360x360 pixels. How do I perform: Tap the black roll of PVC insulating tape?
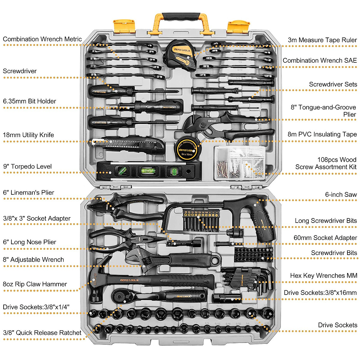pyautogui.click(x=187, y=149)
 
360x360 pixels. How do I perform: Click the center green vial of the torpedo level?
pyautogui.click(x=148, y=171)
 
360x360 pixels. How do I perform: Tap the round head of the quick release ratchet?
pyautogui.click(x=121, y=297)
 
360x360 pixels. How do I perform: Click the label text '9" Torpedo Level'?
pyautogui.click(x=27, y=166)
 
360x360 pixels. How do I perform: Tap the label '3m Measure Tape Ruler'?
pyautogui.click(x=322, y=40)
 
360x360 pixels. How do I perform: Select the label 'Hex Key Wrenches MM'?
pyautogui.click(x=323, y=275)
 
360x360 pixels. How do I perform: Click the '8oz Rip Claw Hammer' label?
pyautogui.click(x=35, y=284)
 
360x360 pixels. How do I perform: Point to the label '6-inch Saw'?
pyautogui.click(x=341, y=194)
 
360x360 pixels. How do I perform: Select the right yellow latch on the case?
pyautogui.click(x=238, y=27)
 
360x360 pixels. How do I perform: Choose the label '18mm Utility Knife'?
pyautogui.click(x=28, y=135)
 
